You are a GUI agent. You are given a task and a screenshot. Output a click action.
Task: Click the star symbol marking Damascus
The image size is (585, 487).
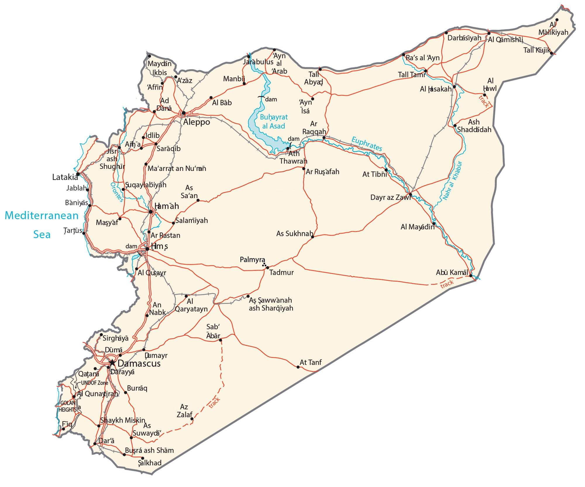(112, 363)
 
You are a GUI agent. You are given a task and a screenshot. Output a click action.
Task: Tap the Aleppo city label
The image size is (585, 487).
(197, 122)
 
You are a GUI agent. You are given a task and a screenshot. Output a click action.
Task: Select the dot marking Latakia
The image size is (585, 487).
(78, 174)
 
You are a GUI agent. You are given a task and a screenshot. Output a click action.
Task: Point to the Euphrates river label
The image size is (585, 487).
(367, 144)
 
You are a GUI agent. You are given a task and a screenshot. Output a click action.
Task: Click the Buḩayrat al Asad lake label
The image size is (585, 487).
(274, 121)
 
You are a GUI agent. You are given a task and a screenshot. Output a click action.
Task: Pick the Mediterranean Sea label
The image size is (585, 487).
(42, 225)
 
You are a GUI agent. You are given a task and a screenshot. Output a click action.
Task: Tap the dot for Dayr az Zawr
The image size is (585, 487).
(410, 194)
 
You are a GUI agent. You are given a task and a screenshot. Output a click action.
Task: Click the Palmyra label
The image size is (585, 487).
(252, 260)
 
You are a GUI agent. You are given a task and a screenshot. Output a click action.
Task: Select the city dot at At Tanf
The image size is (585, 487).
(298, 367)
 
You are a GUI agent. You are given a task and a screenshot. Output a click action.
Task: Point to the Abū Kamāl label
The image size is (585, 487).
(452, 272)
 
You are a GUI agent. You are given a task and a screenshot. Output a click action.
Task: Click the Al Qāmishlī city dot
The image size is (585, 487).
(489, 33)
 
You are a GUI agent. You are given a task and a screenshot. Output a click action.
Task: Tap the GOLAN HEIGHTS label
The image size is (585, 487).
(68, 406)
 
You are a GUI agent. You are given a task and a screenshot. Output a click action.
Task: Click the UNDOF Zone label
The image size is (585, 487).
(94, 383)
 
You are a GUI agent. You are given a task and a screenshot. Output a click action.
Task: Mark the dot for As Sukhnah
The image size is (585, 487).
(312, 237)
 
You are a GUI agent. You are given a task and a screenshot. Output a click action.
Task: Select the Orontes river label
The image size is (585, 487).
(117, 192)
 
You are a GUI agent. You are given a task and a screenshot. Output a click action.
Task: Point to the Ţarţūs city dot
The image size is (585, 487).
(84, 233)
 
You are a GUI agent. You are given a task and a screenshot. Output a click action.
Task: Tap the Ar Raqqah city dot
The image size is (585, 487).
(324, 138)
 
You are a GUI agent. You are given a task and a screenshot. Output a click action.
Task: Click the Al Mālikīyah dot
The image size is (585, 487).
(557, 20)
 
